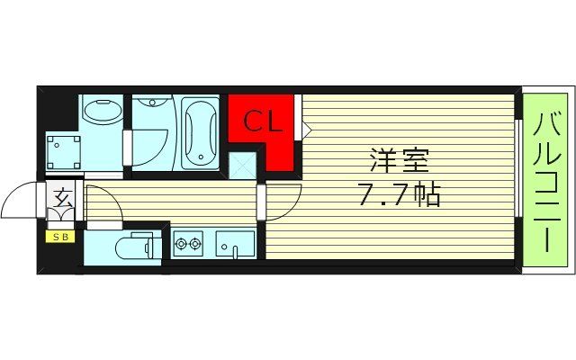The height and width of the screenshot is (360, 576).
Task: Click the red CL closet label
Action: tap(260, 121)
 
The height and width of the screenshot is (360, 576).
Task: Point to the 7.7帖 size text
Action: tap(400, 193)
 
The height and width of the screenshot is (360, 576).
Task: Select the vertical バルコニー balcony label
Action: tap(546, 180)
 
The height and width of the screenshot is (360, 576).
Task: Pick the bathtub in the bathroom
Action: tap(200, 132)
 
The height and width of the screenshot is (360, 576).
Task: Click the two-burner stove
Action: tap(188, 242)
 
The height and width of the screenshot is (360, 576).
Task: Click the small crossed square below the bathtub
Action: tap(240, 166)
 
